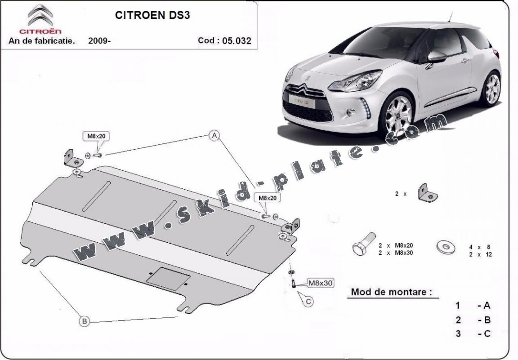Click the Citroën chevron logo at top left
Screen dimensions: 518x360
point(40,16)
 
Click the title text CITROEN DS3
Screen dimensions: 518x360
point(152,15)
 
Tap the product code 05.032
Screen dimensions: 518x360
point(237,40)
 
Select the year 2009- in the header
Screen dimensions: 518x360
point(99,40)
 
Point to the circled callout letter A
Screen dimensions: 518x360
point(214,135)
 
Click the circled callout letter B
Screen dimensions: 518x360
point(85,321)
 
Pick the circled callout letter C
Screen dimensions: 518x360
point(308,302)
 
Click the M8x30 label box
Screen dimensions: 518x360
point(320,283)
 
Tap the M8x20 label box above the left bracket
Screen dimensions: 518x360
point(96,136)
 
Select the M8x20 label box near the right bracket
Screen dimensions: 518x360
point(267,198)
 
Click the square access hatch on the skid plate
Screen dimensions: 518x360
point(168,279)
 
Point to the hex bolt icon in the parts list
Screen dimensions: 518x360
point(364,244)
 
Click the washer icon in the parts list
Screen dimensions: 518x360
point(446,247)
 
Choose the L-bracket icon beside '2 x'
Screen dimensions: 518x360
point(428,192)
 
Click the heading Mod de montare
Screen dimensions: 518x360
point(391,292)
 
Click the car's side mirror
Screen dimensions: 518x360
point(437,57)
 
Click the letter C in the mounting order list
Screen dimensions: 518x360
point(487,333)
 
